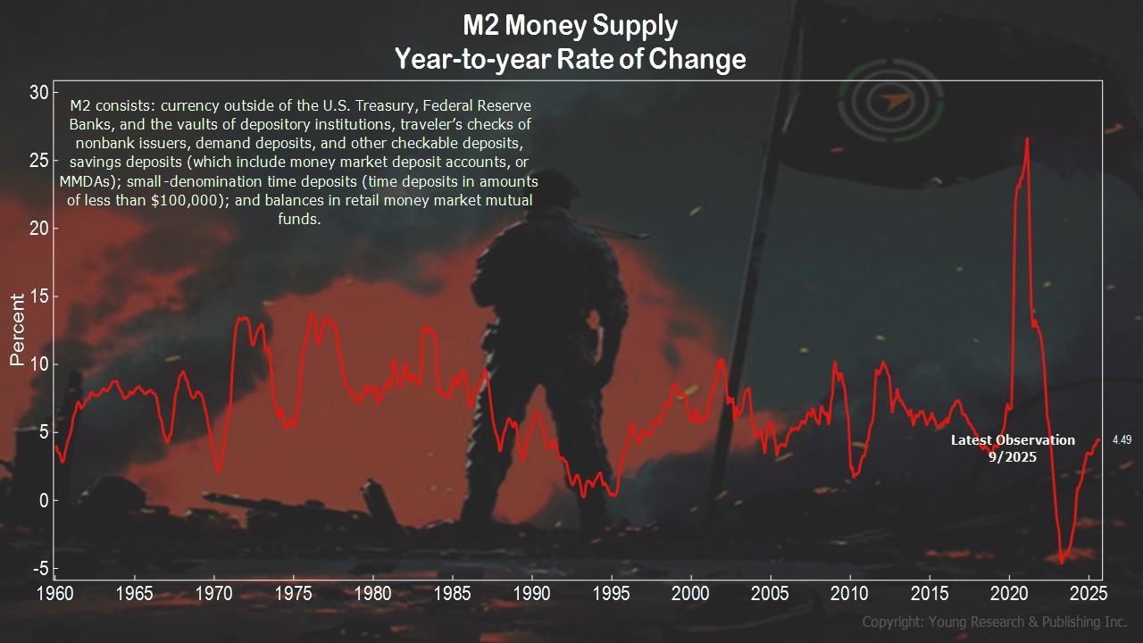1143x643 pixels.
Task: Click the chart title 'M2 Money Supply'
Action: [571, 25]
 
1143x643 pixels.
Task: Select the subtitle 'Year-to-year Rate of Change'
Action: [571, 60]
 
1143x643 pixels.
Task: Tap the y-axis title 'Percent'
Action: [16, 330]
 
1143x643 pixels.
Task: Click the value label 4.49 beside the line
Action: [1122, 439]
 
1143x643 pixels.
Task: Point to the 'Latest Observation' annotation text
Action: [1013, 440]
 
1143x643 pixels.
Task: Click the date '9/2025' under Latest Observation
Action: [1013, 455]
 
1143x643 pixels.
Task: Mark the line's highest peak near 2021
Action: [1027, 138]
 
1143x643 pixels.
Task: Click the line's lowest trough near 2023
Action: [1062, 562]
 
